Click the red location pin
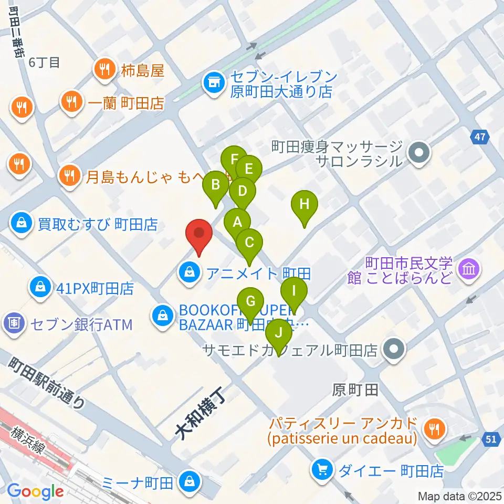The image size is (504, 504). (x=198, y=234)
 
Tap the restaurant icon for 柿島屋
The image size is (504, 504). (x=103, y=68)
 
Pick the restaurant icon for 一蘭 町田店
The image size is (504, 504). (x=71, y=101)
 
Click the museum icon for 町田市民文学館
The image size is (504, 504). (x=467, y=269)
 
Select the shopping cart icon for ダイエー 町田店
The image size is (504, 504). (x=321, y=469)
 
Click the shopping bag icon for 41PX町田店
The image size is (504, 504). (x=40, y=287)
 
